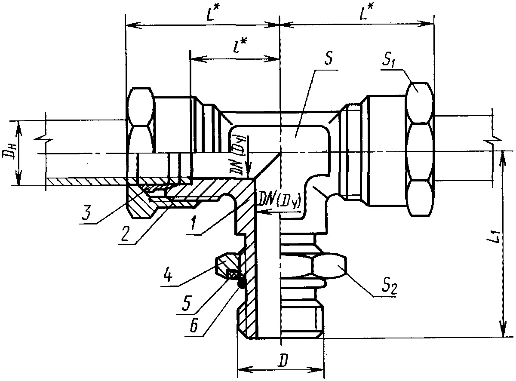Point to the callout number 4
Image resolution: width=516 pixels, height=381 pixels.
click(169, 276)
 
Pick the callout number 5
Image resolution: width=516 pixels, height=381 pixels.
click(186, 303)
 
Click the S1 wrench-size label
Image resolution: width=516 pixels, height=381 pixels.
click(389, 60)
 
